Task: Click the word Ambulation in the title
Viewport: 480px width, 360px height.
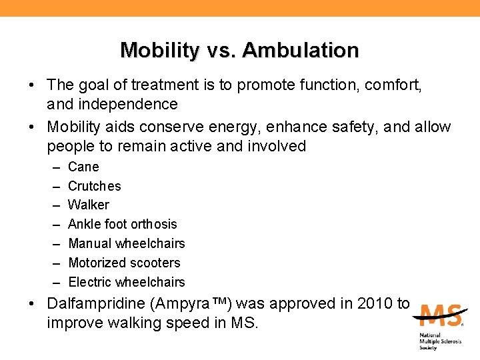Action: [x=301, y=50]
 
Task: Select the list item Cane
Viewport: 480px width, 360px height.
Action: [x=83, y=167]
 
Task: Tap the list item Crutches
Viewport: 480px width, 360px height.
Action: [x=95, y=186]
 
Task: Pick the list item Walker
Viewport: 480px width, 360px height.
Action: [x=89, y=205]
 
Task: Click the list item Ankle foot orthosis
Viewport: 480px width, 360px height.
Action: [x=123, y=224]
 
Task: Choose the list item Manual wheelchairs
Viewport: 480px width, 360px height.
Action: [x=127, y=243]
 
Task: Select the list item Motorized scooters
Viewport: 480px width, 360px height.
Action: [x=124, y=263]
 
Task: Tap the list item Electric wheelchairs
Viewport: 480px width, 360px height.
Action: [x=127, y=282]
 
